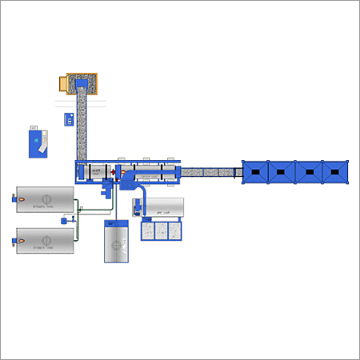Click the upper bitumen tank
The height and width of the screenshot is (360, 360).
coord(46,199)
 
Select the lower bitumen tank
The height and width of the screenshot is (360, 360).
coord(46,240)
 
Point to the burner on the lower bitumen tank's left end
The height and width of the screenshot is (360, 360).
coord(11,238)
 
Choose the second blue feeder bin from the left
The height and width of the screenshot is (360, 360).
coord(282,171)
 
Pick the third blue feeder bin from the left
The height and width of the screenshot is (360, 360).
coord(308,171)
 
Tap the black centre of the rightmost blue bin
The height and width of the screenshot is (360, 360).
coord(334,171)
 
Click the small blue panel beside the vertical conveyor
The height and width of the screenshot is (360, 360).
coord(69,119)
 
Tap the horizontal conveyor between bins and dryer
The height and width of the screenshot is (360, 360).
coord(210,172)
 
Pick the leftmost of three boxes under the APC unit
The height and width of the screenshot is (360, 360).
coord(150,230)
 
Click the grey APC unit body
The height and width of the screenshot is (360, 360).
coord(163,208)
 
